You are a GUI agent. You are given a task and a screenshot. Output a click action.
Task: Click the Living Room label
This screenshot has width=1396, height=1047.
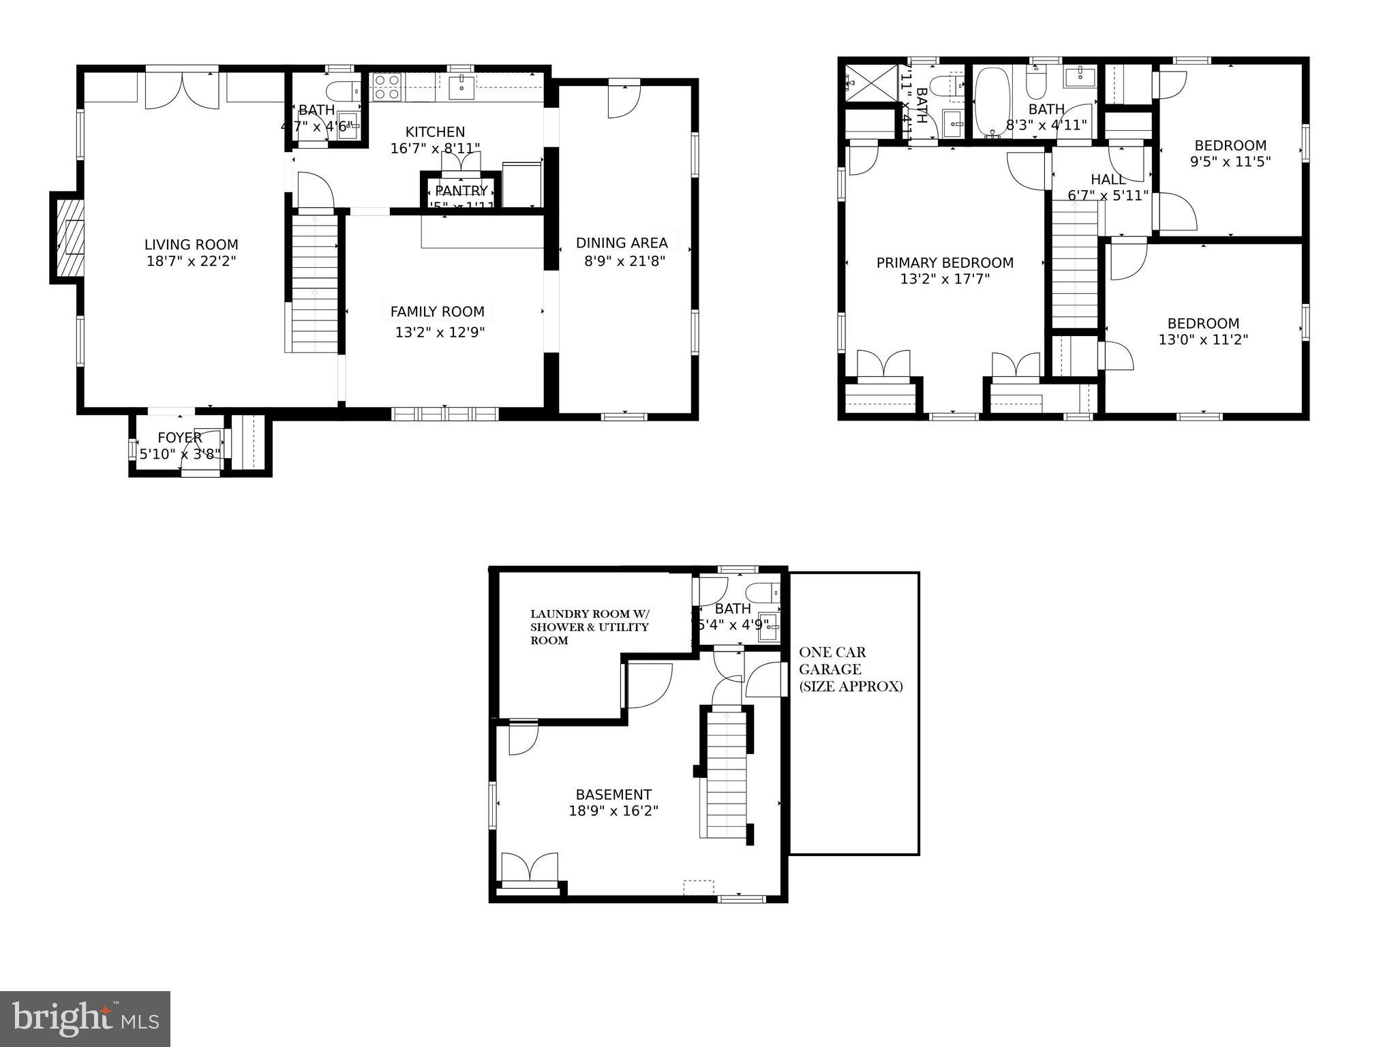point(191,245)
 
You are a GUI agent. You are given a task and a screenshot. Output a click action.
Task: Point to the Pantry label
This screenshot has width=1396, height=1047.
point(461,191)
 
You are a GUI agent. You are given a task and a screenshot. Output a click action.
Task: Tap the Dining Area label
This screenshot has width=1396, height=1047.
point(622,243)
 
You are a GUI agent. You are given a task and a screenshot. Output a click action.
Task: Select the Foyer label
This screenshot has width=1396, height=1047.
point(179,438)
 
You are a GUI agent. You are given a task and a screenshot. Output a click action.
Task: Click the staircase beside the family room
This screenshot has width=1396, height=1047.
point(315,283)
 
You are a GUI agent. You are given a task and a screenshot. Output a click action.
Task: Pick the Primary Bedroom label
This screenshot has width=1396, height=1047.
point(945,262)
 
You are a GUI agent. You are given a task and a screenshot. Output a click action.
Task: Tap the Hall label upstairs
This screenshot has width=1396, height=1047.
point(1108,179)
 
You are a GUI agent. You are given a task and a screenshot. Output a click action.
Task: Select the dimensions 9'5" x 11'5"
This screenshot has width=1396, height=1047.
point(1230,162)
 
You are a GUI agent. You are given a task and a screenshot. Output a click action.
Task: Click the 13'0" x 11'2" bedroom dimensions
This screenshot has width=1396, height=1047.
point(1203,339)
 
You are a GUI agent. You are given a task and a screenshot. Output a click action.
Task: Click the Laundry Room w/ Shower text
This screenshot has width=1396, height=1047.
point(590,613)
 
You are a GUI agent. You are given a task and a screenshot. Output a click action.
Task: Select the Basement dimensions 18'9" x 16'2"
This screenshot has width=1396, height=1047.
point(613,811)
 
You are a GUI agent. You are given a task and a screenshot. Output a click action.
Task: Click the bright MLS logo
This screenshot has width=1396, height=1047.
point(85,1018)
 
